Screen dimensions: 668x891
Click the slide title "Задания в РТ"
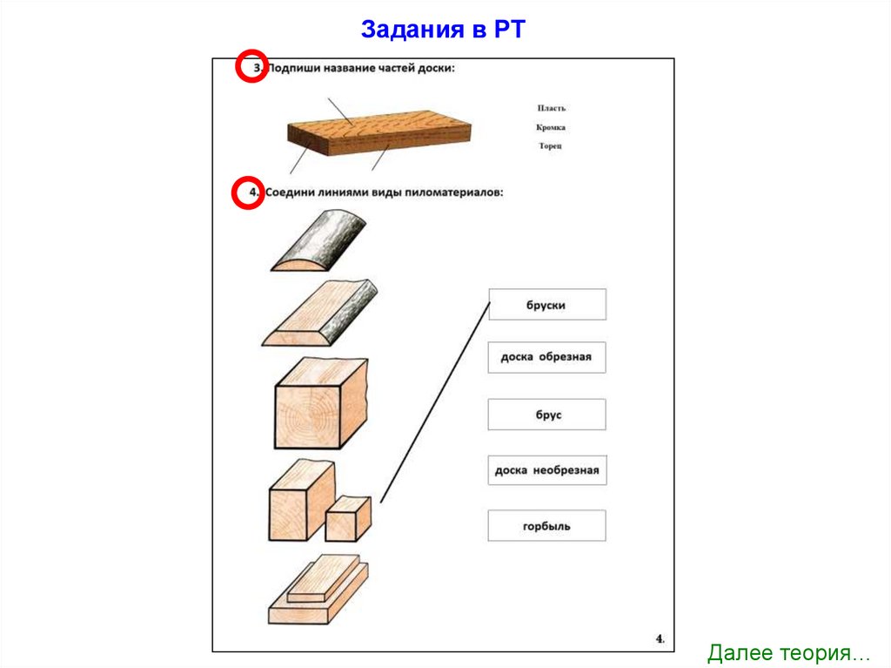click(x=444, y=30)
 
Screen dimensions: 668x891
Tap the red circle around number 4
click(x=246, y=193)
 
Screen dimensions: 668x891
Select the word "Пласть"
click(x=551, y=108)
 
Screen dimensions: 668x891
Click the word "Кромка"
click(x=551, y=127)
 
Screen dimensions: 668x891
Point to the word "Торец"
click(x=550, y=145)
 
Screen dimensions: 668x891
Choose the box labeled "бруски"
click(x=546, y=305)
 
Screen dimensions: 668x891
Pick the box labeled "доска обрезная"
click(x=546, y=357)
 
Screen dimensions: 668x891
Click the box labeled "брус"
click(x=546, y=415)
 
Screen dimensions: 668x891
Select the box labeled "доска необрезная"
click(x=546, y=470)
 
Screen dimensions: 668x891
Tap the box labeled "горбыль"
click(x=546, y=526)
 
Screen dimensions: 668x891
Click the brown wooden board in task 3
click(x=379, y=133)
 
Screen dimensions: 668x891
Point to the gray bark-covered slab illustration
click(x=318, y=245)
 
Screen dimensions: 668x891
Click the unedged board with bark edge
click(x=319, y=315)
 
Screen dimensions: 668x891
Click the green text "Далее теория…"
click(x=788, y=652)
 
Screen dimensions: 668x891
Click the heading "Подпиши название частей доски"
click(x=361, y=68)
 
